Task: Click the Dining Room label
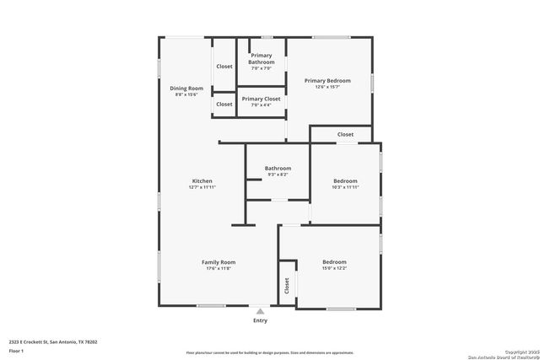[186, 89]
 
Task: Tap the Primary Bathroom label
[261, 59]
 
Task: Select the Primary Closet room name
[261, 99]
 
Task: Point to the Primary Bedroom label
[327, 80]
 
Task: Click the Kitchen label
[202, 181]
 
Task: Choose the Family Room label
[218, 262]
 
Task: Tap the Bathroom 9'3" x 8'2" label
[278, 169]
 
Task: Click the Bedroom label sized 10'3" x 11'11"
[344, 181]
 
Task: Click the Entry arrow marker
[260, 311]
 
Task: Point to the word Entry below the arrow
[260, 320]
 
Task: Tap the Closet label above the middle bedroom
[345, 134]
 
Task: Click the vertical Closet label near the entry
[287, 286]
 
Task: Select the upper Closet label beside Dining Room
[224, 66]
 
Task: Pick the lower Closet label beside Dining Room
[224, 104]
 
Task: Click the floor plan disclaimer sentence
[270, 352]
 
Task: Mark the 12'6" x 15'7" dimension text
[327, 87]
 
